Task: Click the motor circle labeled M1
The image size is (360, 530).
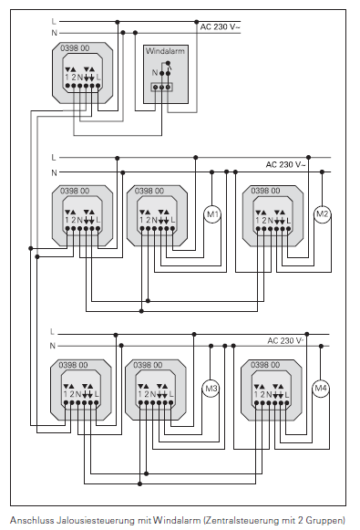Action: pyautogui.click(x=212, y=215)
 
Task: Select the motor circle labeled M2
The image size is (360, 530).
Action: pyautogui.click(x=321, y=214)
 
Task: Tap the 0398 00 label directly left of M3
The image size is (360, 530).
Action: pyautogui.click(x=149, y=365)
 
